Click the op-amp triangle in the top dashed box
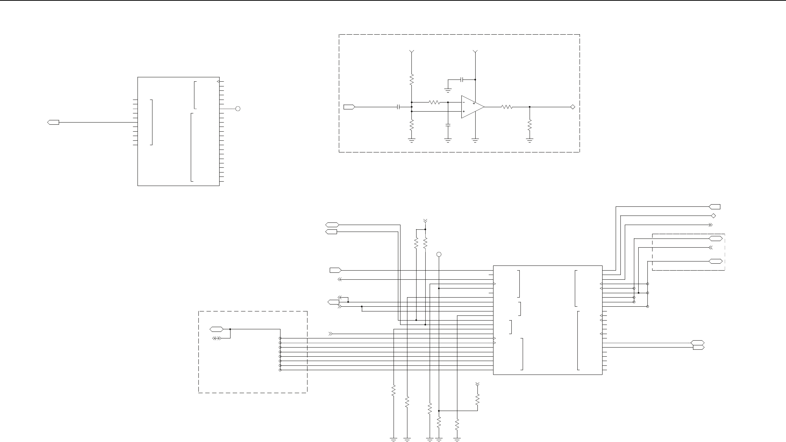pyautogui.click(x=472, y=107)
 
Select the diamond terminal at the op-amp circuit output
pyautogui.click(x=573, y=107)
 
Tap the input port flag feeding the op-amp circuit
pyautogui.click(x=349, y=107)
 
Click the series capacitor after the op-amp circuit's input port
pyautogui.click(x=399, y=107)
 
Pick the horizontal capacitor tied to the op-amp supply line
pyautogui.click(x=462, y=79)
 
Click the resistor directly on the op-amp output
pyautogui.click(x=507, y=107)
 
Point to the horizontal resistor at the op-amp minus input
pyautogui.click(x=434, y=102)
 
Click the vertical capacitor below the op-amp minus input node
pyautogui.click(x=448, y=125)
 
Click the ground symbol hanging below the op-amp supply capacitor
pyautogui.click(x=448, y=90)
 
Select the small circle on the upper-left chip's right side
pyautogui.click(x=238, y=109)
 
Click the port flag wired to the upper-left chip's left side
pyautogui.click(x=53, y=122)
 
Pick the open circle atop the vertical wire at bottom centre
pyautogui.click(x=439, y=254)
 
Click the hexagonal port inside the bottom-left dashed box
pyautogui.click(x=217, y=329)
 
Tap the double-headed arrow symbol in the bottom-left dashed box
pyautogui.click(x=217, y=338)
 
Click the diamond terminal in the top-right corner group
pyautogui.click(x=714, y=216)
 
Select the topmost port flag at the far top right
pyautogui.click(x=715, y=207)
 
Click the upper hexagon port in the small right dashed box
pyautogui.click(x=715, y=239)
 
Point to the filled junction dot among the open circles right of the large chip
pyautogui.click(x=639, y=293)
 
